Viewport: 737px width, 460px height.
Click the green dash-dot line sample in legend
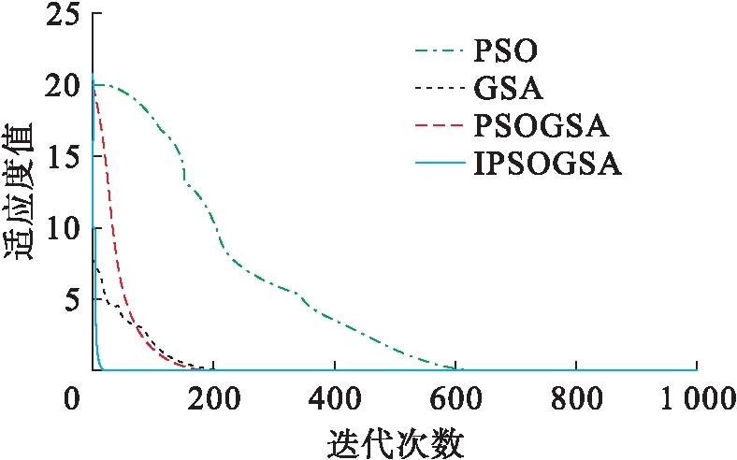click(440, 49)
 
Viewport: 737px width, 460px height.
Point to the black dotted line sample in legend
click(440, 89)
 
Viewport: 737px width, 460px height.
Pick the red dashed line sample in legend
click(440, 127)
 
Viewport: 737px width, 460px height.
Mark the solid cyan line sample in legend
click(440, 165)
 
